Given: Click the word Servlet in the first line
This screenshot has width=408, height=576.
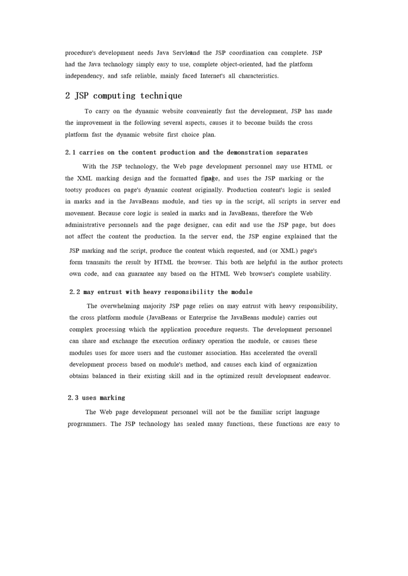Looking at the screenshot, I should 182,53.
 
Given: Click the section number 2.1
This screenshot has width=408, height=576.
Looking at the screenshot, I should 70,152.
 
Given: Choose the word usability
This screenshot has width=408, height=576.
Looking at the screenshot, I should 317,274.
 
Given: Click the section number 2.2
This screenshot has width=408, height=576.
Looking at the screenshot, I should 75,292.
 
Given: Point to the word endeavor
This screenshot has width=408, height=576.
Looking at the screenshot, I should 317,376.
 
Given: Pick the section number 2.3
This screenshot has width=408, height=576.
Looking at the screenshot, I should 73,398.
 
